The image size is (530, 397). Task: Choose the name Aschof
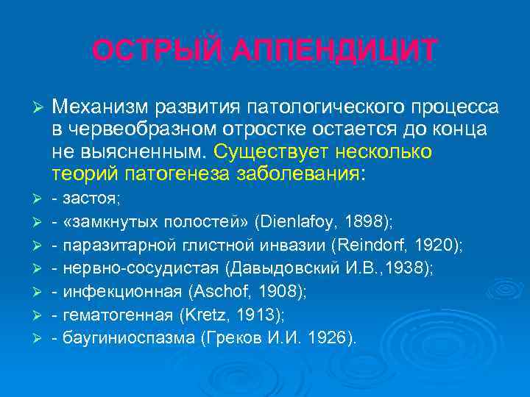(215, 292)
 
